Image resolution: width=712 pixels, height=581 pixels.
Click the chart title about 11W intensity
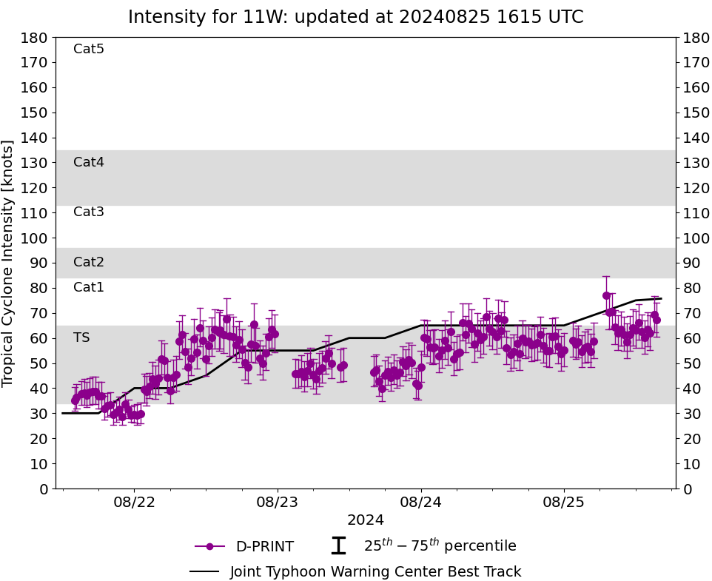pyautogui.click(x=355, y=17)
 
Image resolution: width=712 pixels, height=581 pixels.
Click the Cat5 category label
pyautogui.click(x=89, y=50)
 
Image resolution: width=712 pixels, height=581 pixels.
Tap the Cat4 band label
pyautogui.click(x=89, y=162)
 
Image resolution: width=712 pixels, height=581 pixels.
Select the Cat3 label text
pyautogui.click(x=89, y=212)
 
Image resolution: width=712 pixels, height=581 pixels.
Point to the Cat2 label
pyautogui.click(x=89, y=262)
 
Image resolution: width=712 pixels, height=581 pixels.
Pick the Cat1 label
pyautogui.click(x=89, y=287)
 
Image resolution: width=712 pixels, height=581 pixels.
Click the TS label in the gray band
pyautogui.click(x=81, y=337)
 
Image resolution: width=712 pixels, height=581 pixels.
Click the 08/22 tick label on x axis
pyautogui.click(x=134, y=501)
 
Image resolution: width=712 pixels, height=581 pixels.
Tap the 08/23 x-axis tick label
pyautogui.click(x=278, y=501)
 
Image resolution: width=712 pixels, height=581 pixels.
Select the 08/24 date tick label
pyautogui.click(x=421, y=501)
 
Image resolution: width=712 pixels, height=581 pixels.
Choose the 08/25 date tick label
pyautogui.click(x=564, y=501)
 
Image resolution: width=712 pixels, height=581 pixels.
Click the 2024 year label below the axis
pyautogui.click(x=365, y=520)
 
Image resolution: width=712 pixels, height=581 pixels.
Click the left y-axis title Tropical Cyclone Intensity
pyautogui.click(x=9, y=263)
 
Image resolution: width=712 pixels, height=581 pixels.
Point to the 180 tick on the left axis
pyautogui.click(x=35, y=38)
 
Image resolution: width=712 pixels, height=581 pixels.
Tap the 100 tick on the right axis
pyautogui.click(x=696, y=238)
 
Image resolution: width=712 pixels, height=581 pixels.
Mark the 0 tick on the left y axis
pyautogui.click(x=43, y=488)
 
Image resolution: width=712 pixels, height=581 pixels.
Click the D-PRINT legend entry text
pyautogui.click(x=264, y=547)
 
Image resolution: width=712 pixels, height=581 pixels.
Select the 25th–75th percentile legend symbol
pyautogui.click(x=338, y=546)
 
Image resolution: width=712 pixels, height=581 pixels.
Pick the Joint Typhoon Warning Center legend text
pyautogui.click(x=375, y=572)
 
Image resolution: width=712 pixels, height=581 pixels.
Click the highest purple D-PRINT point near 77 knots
pyautogui.click(x=606, y=295)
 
